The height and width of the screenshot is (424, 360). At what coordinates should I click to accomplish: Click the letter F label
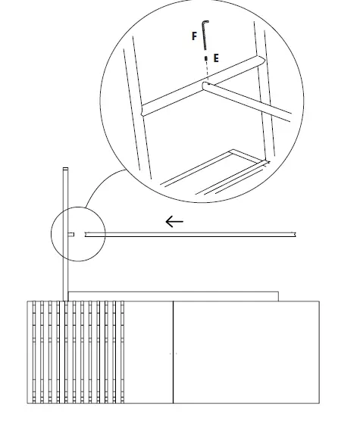click(x=195, y=35)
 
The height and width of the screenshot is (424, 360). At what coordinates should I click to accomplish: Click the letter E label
click(x=216, y=58)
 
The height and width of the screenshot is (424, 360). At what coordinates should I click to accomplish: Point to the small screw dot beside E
click(x=205, y=58)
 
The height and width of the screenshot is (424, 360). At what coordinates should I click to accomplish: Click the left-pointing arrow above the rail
click(x=174, y=222)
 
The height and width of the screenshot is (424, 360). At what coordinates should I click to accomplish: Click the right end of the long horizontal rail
click(x=295, y=234)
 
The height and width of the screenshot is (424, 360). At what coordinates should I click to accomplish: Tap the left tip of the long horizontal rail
click(x=86, y=235)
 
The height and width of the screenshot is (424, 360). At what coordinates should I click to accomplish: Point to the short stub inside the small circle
click(x=70, y=235)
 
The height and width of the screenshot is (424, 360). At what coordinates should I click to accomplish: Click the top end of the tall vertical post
click(x=65, y=169)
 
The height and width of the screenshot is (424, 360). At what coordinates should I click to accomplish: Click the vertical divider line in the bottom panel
click(x=174, y=352)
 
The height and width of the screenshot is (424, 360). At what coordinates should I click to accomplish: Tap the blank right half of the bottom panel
click(x=246, y=352)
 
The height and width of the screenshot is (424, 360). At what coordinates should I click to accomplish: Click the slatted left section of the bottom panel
click(x=76, y=352)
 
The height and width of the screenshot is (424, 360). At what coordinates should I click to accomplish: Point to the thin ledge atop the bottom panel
click(x=174, y=295)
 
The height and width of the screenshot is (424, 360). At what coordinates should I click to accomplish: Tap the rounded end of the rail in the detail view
click(x=206, y=88)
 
